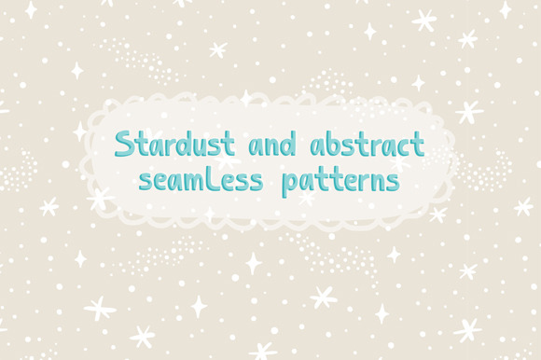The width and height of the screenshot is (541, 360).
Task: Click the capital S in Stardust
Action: (122, 145)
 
